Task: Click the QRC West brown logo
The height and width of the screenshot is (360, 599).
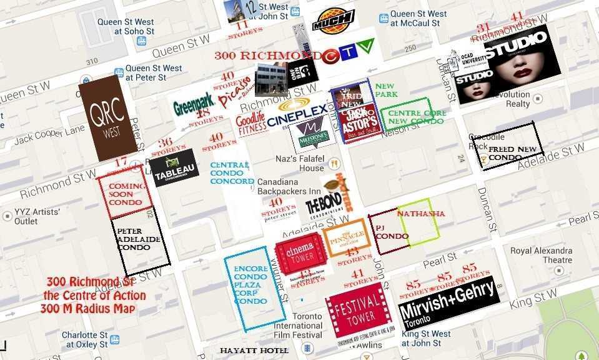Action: pos(107,118)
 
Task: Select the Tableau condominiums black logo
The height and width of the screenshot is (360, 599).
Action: pos(174,167)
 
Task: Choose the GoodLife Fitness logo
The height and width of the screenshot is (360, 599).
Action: pos(251,122)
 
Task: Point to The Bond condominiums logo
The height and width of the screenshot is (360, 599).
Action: pos(324,204)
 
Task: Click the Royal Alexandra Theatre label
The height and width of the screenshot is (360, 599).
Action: pos(540,255)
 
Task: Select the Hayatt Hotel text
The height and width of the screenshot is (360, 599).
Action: pos(254,351)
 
